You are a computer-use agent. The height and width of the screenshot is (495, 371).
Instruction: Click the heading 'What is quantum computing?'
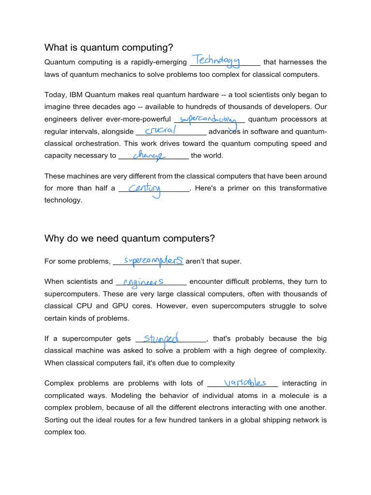click(109, 47)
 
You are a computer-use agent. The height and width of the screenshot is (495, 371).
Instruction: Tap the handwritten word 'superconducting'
click(208, 119)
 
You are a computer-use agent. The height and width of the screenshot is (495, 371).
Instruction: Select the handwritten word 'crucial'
click(160, 131)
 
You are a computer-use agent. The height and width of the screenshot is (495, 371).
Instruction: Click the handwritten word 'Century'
click(143, 189)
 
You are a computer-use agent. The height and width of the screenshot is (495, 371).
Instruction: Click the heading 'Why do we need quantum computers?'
click(129, 238)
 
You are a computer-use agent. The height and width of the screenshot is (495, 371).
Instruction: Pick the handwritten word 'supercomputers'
click(153, 261)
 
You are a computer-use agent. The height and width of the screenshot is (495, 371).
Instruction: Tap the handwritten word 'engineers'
click(143, 281)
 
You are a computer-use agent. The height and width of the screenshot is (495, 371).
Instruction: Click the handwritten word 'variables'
click(245, 382)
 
